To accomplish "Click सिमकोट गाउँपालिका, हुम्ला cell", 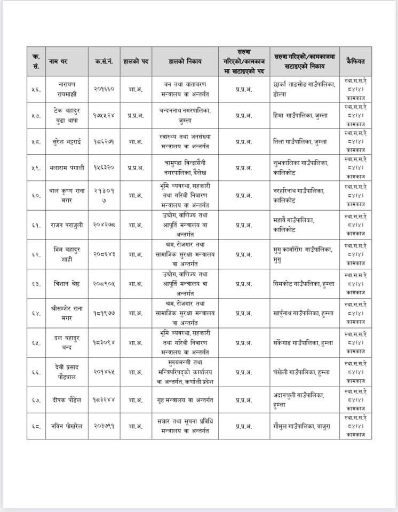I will (x=304, y=284).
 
